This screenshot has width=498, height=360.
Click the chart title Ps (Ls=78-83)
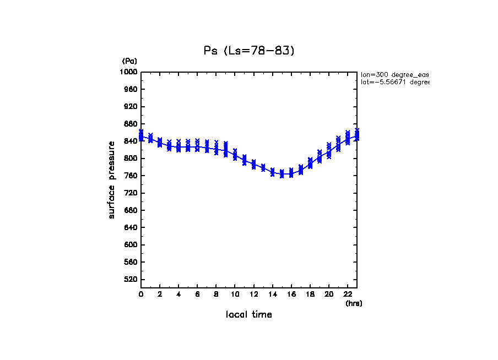pyautogui.click(x=249, y=51)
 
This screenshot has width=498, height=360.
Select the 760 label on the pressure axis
pyautogui.click(x=131, y=176)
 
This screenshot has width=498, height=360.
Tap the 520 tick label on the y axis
pyautogui.click(x=131, y=280)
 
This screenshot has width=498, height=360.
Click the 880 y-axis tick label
pyautogui.click(x=131, y=124)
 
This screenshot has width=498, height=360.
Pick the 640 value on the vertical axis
pyautogui.click(x=131, y=228)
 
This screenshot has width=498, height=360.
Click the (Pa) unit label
pyautogui.click(x=129, y=61)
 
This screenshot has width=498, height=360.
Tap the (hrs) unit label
pyautogui.click(x=354, y=303)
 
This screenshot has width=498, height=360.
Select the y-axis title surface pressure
pyautogui.click(x=112, y=179)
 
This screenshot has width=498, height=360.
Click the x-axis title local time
pyautogui.click(x=249, y=315)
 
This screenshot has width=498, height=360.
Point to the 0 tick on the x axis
pyautogui.click(x=141, y=294)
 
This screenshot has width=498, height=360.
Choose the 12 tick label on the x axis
pyautogui.click(x=253, y=294)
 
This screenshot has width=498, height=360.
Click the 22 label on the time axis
pyautogui.click(x=347, y=294)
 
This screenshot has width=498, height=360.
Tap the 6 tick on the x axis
pyautogui.click(x=197, y=294)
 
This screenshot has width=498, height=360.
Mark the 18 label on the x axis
pyautogui.click(x=310, y=294)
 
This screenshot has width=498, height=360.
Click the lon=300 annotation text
pyautogui.click(x=394, y=74)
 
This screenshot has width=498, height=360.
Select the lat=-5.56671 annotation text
pyautogui.click(x=394, y=82)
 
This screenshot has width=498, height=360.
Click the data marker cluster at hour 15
pyautogui.click(x=282, y=174)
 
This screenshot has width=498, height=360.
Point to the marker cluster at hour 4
pyautogui.click(x=178, y=146)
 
